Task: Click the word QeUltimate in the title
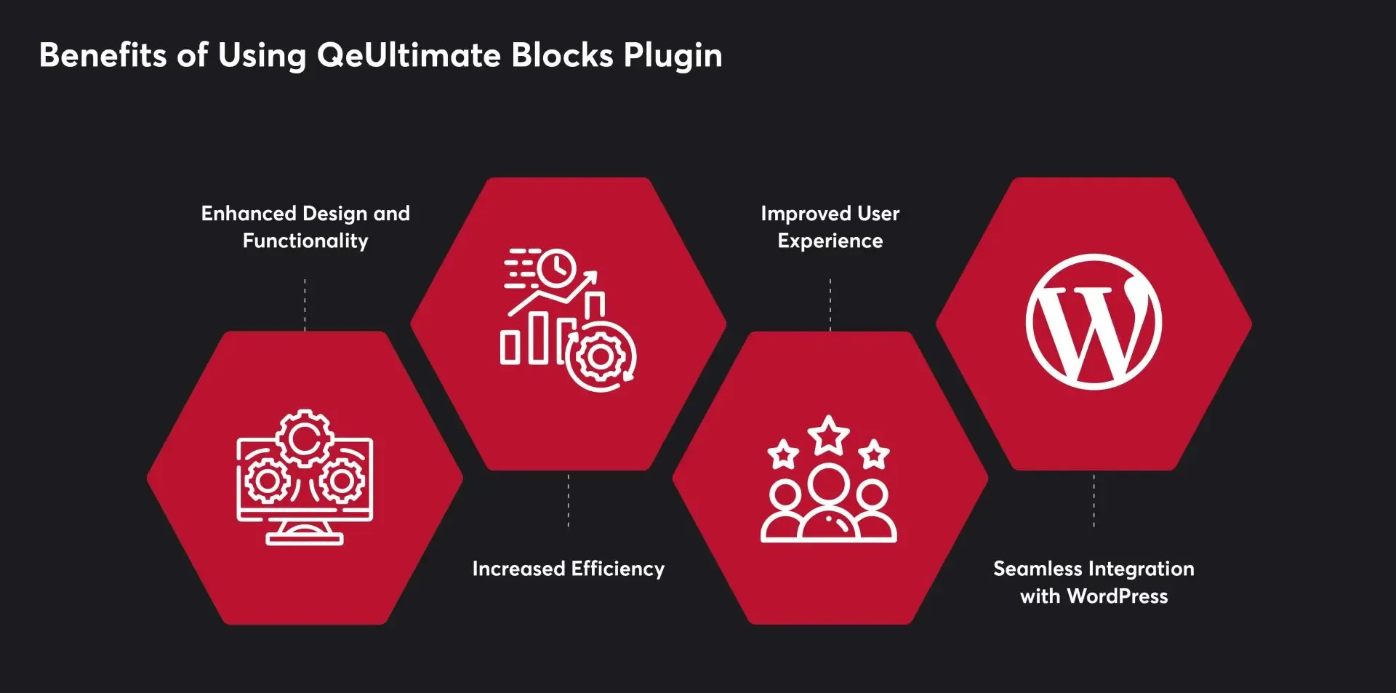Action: point(409,55)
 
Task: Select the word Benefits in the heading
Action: point(103,55)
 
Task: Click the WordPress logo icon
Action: point(1094,322)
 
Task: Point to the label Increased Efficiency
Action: point(569,569)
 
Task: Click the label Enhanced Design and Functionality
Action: point(305,227)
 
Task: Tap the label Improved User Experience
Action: point(830,227)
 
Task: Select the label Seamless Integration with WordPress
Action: point(1094,582)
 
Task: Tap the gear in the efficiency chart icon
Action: point(601,356)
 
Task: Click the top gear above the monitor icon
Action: point(305,438)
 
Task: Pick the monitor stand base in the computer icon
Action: point(305,539)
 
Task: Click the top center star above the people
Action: point(829,435)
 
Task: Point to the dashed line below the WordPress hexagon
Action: point(1094,500)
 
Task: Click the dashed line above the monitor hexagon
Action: point(305,305)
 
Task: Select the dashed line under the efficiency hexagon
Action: point(569,500)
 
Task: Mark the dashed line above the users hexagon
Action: point(830,305)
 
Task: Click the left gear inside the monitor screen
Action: point(267,481)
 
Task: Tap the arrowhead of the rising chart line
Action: point(590,277)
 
